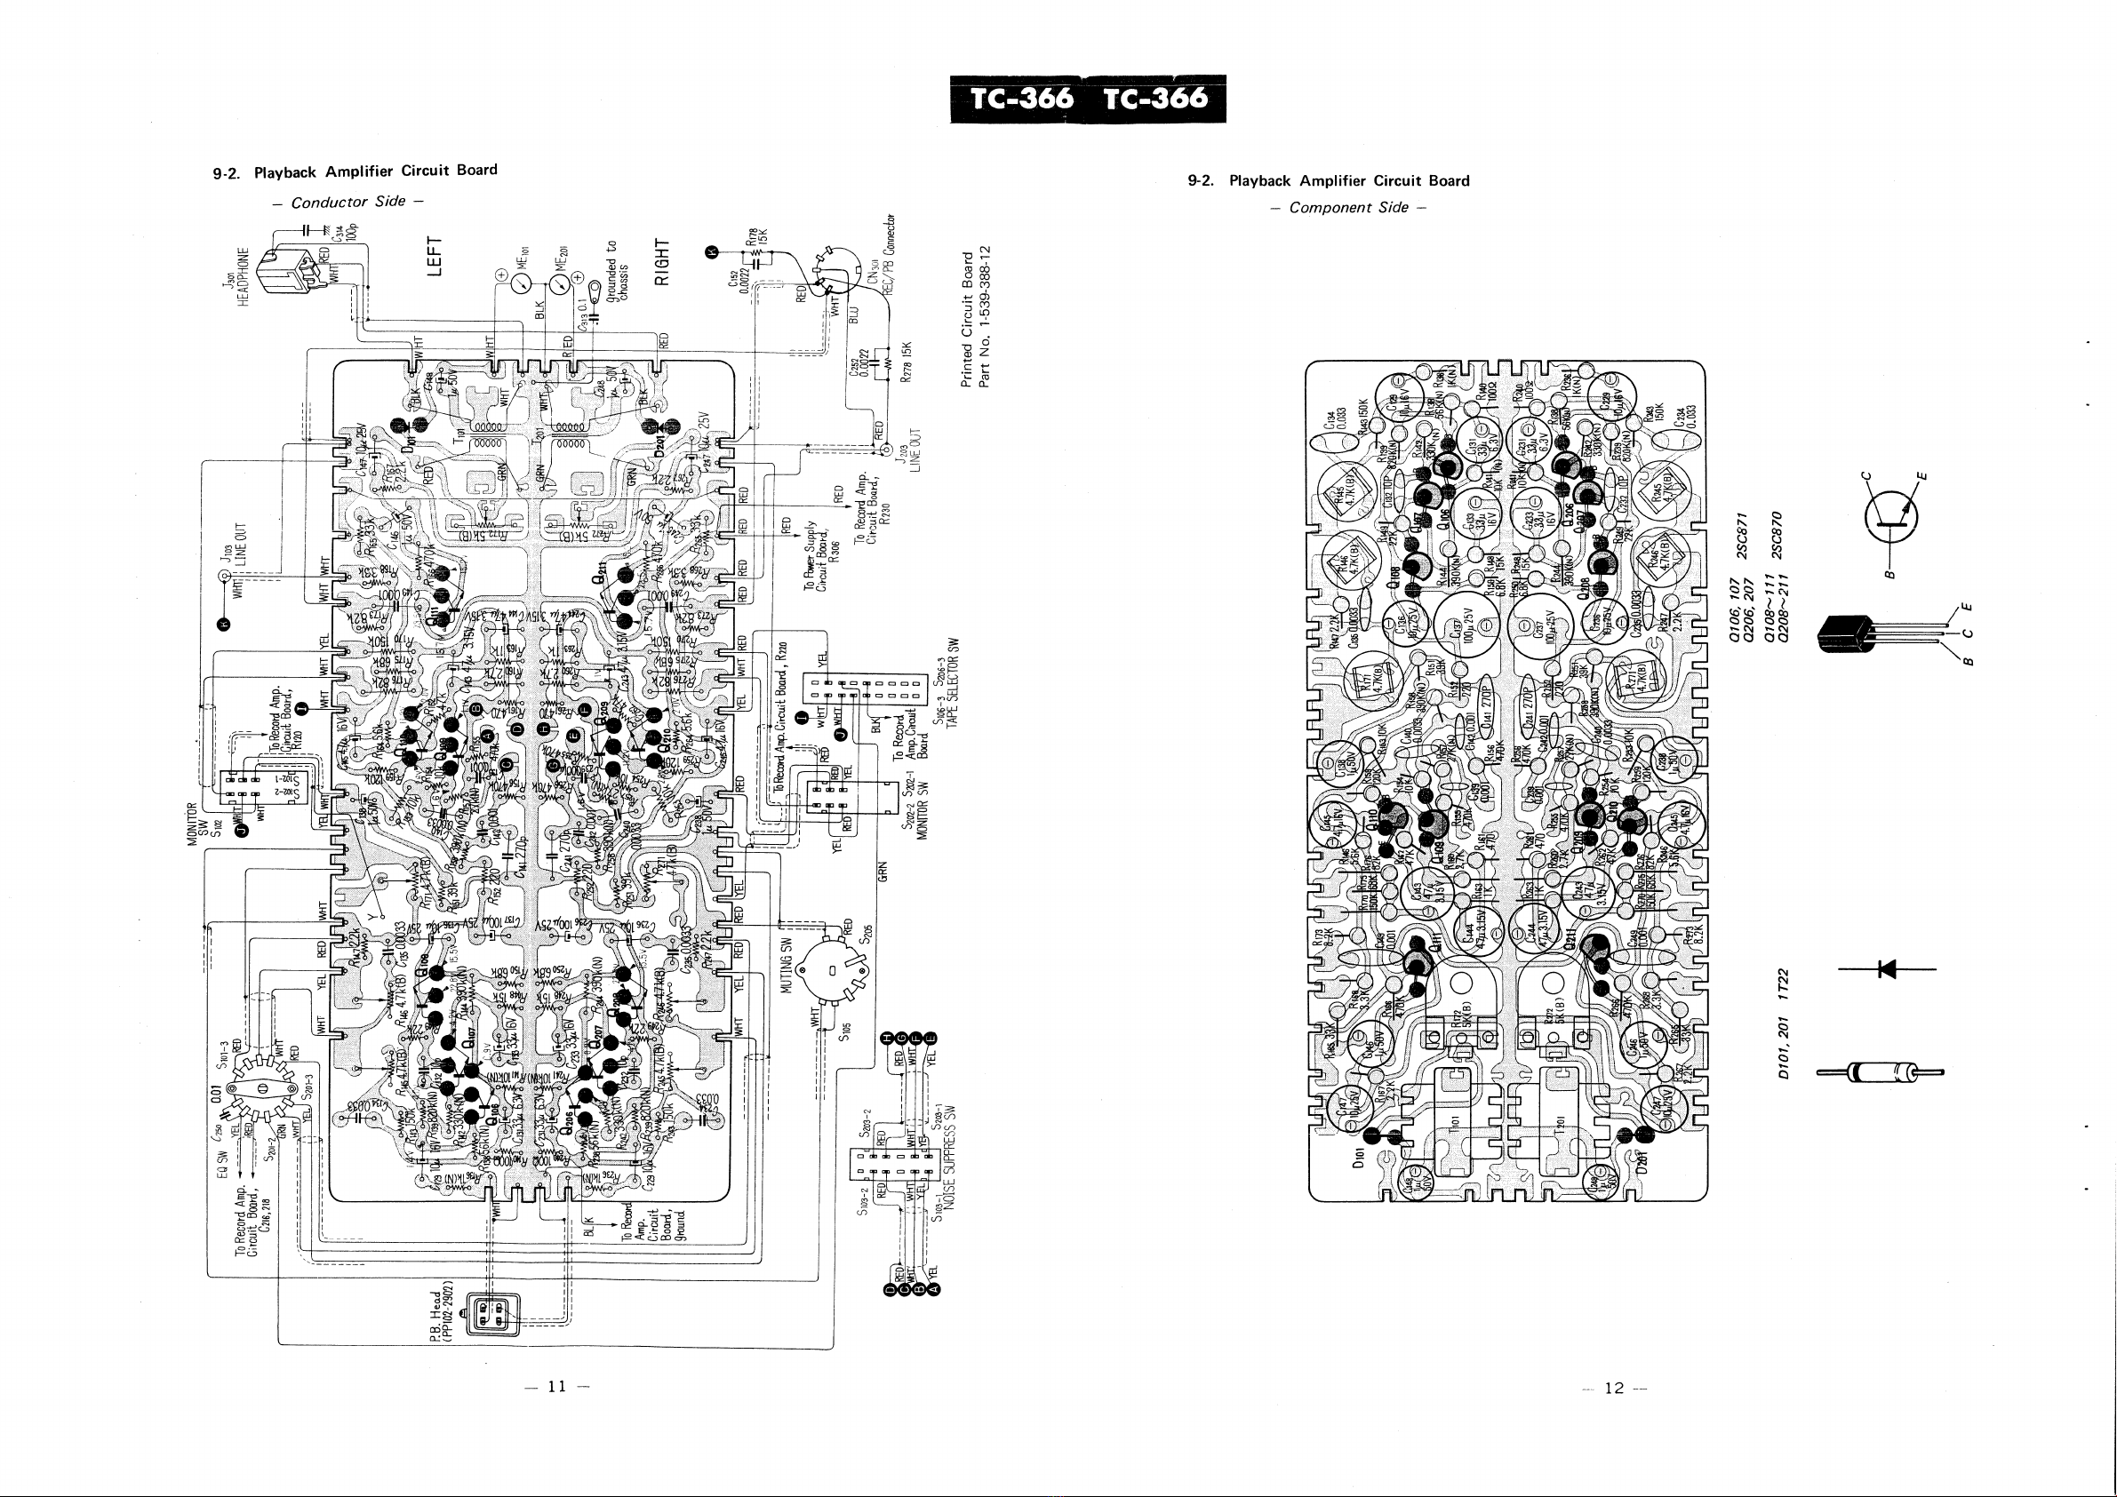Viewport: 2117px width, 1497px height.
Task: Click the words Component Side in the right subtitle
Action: [x=1348, y=208]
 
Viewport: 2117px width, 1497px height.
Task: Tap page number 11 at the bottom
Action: [x=556, y=1388]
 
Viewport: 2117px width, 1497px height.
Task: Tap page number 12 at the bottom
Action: [x=1613, y=1390]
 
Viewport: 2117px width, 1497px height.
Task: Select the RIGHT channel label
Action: [x=661, y=262]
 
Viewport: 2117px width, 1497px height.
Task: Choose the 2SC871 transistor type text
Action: [x=1742, y=534]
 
